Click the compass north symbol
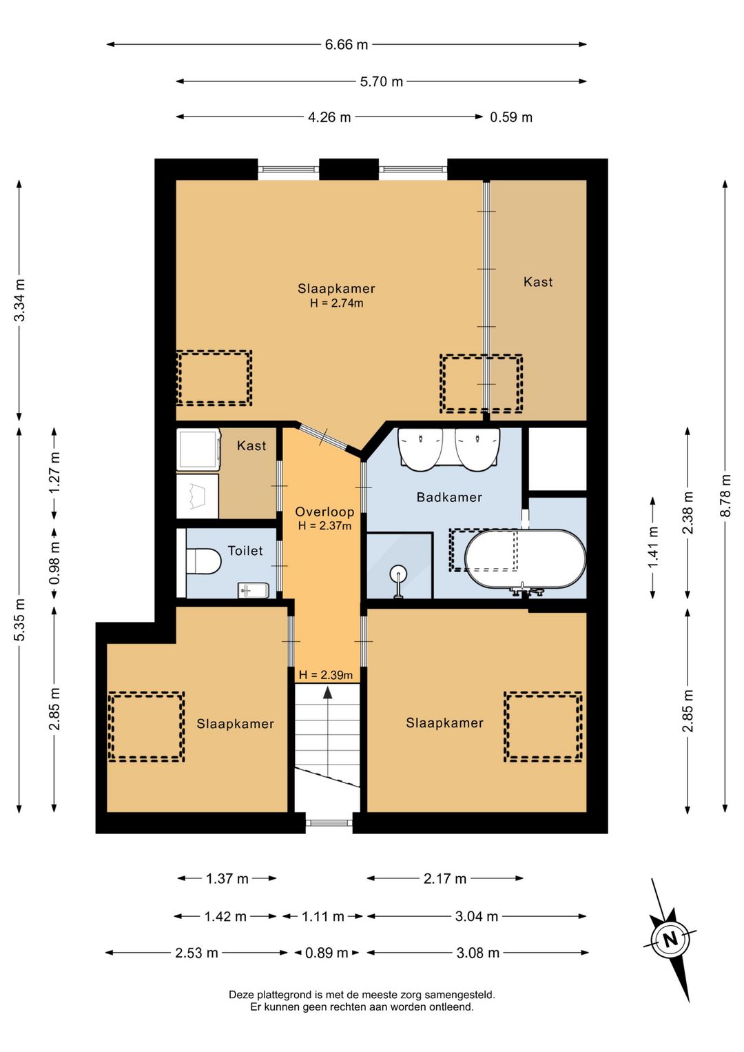670,940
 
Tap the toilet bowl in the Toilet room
203,561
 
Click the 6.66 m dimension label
347,45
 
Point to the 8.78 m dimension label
725,496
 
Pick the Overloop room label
324,512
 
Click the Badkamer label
449,497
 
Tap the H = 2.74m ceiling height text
337,303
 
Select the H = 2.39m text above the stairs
326,676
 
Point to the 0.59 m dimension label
511,117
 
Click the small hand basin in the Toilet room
254,590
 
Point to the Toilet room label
245,550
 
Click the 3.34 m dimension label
20,300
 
